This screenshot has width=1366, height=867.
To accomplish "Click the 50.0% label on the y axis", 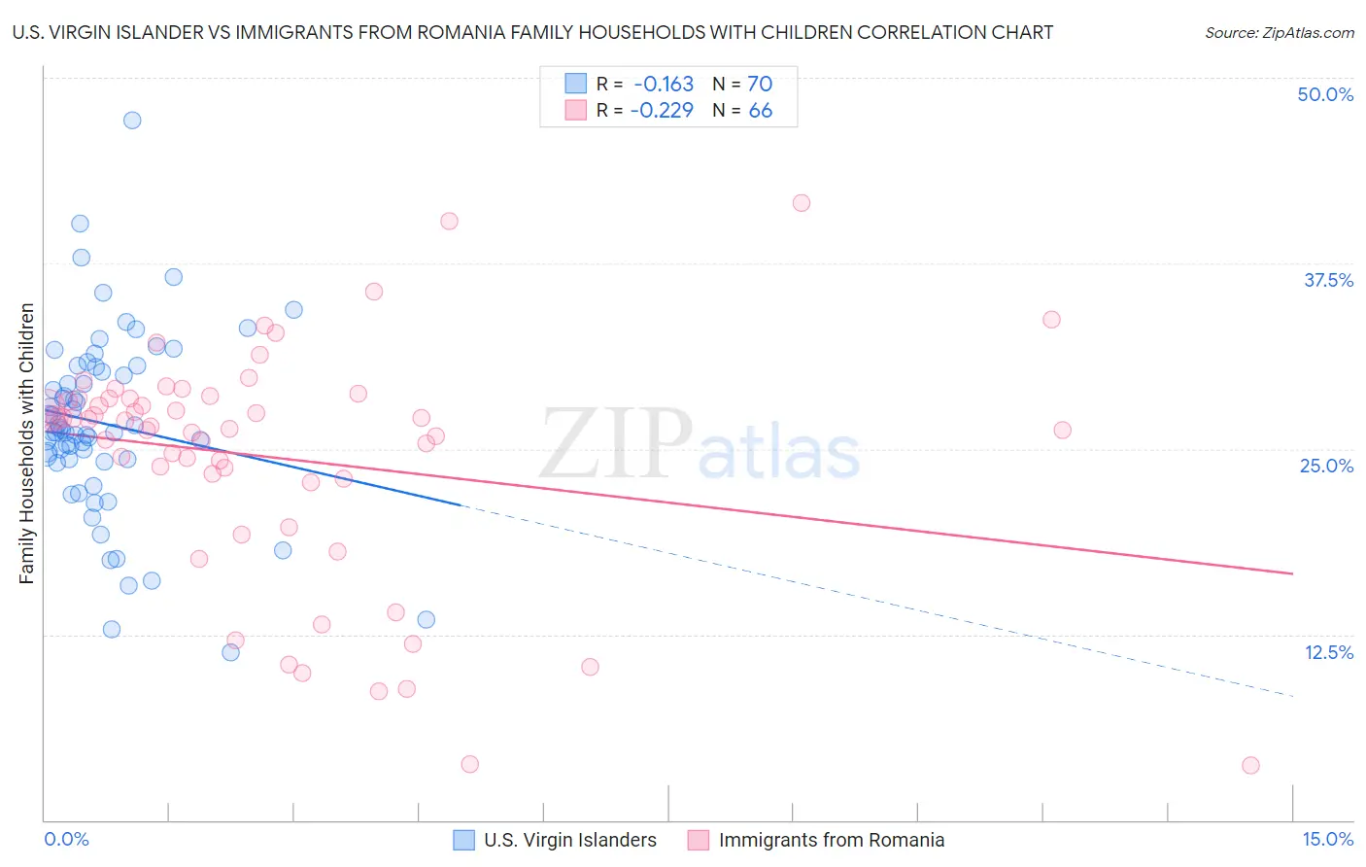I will (x=1324, y=94).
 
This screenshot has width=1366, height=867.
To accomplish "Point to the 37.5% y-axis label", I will (x=1327, y=280).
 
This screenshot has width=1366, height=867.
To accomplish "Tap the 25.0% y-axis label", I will (x=1326, y=466).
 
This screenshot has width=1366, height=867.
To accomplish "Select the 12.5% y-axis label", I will (x=1328, y=652).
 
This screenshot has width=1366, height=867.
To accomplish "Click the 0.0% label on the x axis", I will (x=66, y=839).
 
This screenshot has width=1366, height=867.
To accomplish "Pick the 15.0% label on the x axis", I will (x=1327, y=839).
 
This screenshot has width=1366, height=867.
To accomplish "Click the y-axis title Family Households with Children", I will (x=26, y=443).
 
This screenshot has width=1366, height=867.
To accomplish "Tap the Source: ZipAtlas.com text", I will (x=1279, y=32).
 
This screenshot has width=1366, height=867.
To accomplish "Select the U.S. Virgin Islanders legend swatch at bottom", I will (x=464, y=840).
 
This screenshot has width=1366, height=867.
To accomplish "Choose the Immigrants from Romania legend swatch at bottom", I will (x=699, y=840).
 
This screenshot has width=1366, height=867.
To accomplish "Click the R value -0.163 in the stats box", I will (x=664, y=84).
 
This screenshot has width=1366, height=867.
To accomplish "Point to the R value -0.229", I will (x=662, y=110).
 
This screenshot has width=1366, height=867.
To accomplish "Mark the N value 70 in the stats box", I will (x=760, y=84).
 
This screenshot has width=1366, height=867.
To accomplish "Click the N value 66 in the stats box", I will (x=760, y=110).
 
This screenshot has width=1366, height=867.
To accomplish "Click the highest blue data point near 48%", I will (x=132, y=121).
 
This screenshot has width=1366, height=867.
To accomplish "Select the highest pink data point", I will (x=802, y=203).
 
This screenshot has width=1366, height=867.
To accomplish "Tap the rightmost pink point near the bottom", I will (x=1250, y=765).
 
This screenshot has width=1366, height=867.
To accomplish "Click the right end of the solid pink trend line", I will (x=1292, y=573).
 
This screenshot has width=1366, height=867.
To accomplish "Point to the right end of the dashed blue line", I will (x=1292, y=696).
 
